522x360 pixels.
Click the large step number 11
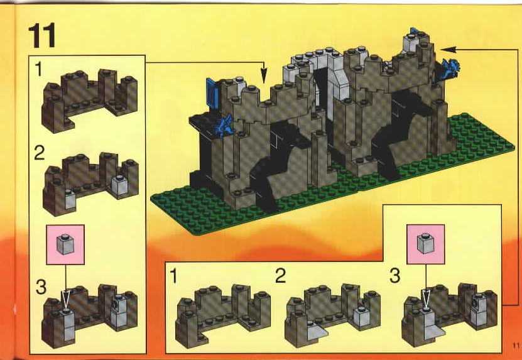point(42,36)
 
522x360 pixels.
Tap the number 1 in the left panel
point(38,70)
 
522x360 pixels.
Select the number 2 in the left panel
point(40,153)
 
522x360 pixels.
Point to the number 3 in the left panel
point(41,287)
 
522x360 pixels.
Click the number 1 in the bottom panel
point(173,276)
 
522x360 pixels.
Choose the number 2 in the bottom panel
point(281,276)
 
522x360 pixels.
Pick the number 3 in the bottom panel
point(395,276)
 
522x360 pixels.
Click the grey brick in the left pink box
point(65,244)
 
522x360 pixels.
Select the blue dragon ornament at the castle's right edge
point(451,68)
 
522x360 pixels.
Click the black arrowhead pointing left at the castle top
point(449,50)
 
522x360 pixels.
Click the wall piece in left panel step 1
point(90,100)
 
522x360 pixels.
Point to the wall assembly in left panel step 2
point(90,183)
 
